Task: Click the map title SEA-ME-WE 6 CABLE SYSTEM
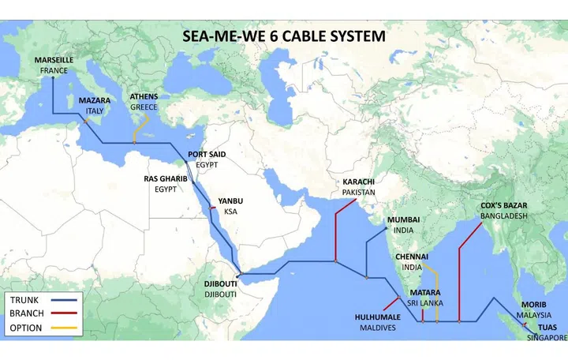tap(284, 36)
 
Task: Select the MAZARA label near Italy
tap(94, 101)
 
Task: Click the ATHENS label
tap(144, 97)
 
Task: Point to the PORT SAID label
tap(207, 155)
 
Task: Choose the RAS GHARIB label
tap(166, 179)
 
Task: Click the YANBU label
tap(230, 201)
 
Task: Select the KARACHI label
tap(357, 182)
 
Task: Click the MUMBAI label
tap(402, 219)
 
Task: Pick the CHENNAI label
tap(412, 257)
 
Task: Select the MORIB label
tap(533, 305)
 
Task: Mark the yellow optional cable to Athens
tap(140, 126)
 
